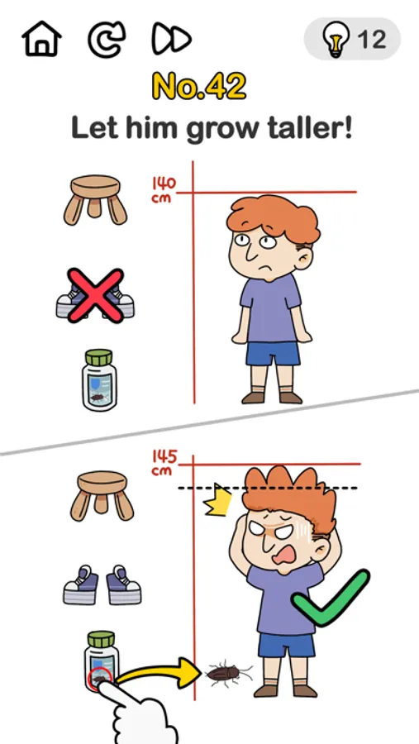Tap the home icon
(42, 38)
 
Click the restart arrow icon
(107, 40)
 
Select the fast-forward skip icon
(171, 38)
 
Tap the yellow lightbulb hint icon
(336, 40)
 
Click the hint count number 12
(372, 40)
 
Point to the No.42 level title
(199, 86)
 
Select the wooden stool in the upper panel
(95, 199)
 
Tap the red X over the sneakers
(95, 295)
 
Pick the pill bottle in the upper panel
(99, 379)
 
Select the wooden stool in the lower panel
(102, 496)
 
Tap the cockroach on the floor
(228, 672)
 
